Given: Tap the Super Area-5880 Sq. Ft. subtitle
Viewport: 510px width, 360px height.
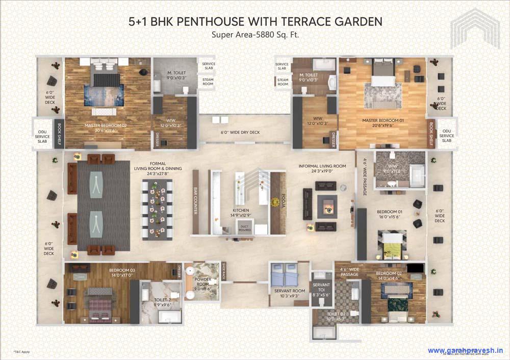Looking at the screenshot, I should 255,35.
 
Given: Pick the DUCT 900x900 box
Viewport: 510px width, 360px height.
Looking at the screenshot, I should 246,228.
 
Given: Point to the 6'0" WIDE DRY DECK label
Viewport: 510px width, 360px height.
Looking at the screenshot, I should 240,133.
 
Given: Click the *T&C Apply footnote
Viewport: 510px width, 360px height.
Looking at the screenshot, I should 22,352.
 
